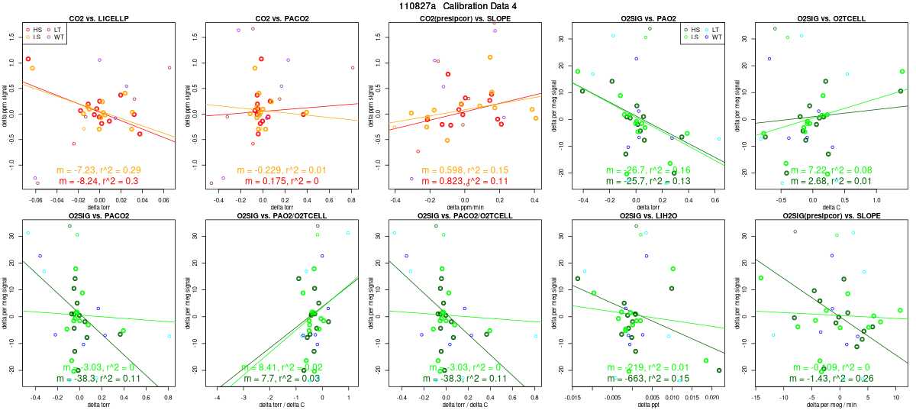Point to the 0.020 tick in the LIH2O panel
[709, 398]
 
